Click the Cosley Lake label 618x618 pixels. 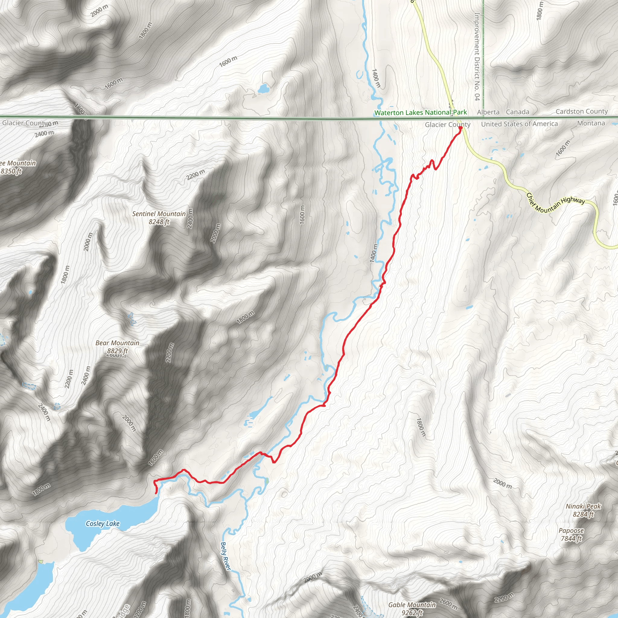click(x=103, y=524)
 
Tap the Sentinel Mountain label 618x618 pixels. click(x=159, y=214)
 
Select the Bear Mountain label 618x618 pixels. click(x=117, y=343)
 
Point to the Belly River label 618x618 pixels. click(x=225, y=556)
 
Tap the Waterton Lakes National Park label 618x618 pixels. click(x=421, y=113)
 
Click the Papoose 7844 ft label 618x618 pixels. click(x=571, y=534)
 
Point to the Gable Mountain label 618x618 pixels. click(x=412, y=605)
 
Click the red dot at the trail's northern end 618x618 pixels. click(x=460, y=128)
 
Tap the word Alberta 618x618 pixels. click(x=488, y=112)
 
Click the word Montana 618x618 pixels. click(x=591, y=123)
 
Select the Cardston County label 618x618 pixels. click(x=581, y=111)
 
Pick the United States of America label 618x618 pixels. click(x=520, y=124)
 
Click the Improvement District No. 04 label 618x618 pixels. click(x=477, y=57)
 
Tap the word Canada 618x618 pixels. click(x=518, y=112)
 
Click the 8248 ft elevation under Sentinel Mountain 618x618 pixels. click(x=159, y=222)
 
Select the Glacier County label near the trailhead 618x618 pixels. click(x=448, y=125)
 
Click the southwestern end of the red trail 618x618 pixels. click(x=156, y=493)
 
